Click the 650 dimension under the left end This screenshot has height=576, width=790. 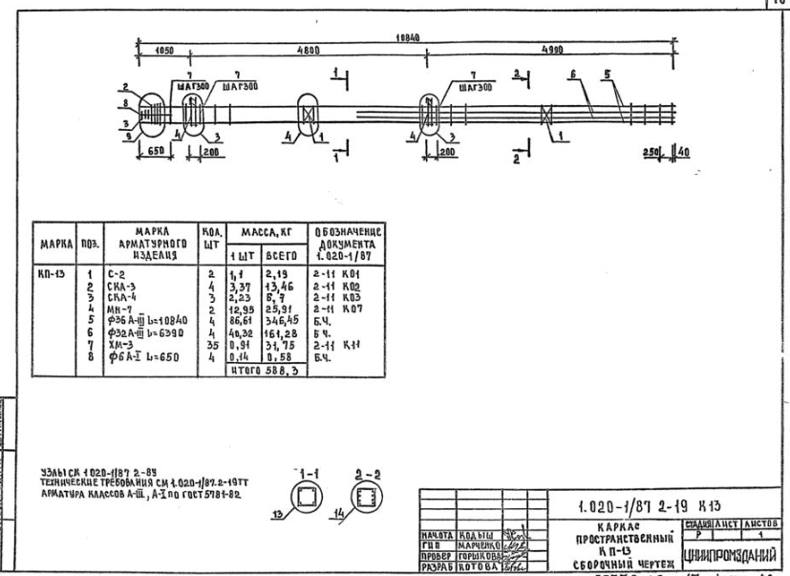tap(156, 152)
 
